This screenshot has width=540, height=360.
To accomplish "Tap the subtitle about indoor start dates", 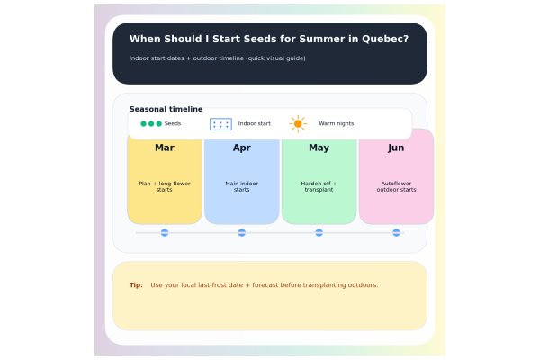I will click(217, 58).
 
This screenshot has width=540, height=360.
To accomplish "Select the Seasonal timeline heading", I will click(166, 109).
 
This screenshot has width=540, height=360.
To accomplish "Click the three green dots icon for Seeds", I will click(151, 123).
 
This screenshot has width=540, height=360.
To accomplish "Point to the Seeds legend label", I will click(173, 123).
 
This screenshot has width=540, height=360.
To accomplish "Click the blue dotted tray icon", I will click(220, 124).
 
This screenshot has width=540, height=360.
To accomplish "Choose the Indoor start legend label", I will click(254, 123).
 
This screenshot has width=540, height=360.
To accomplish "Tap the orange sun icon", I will click(298, 123).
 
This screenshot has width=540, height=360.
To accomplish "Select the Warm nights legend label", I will click(336, 123).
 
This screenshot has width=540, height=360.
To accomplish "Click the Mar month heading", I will click(165, 148).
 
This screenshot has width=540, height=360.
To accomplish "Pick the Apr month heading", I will click(242, 148).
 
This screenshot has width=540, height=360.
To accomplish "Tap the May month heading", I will click(319, 148).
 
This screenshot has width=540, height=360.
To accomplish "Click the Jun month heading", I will click(396, 148).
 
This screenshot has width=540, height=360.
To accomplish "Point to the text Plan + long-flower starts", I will click(165, 186).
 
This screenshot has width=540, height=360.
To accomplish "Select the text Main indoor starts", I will click(242, 186).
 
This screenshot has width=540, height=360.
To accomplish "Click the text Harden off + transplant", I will click(319, 186).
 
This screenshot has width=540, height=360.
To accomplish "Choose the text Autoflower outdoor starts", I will click(396, 186).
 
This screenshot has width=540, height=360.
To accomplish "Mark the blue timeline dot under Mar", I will click(165, 232).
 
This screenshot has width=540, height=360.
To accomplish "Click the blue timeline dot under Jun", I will click(396, 232).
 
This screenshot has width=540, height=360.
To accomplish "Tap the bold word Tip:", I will click(136, 285).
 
